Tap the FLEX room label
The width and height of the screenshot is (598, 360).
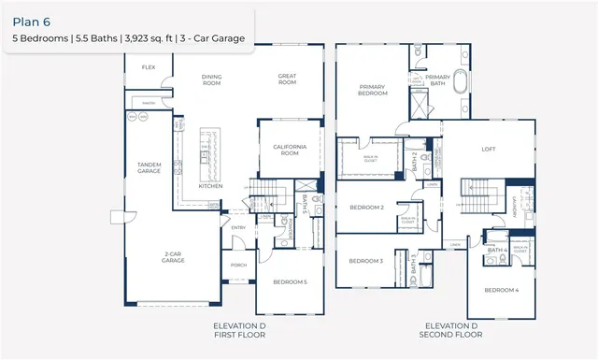click(x=148, y=68)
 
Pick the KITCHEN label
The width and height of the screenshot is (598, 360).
click(x=210, y=186)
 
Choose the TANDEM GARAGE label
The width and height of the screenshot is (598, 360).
click(x=149, y=167)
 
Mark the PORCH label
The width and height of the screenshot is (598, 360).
click(x=238, y=266)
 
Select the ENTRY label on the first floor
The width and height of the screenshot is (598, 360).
click(x=238, y=226)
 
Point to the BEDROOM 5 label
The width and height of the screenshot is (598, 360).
click(x=289, y=281)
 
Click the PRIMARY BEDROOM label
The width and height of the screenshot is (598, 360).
click(x=373, y=90)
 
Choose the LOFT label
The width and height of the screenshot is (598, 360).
click(x=488, y=149)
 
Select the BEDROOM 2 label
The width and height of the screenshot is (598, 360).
click(x=367, y=207)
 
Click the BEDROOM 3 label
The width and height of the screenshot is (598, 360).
click(x=367, y=261)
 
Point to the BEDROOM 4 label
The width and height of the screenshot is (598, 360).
click(x=502, y=290)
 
